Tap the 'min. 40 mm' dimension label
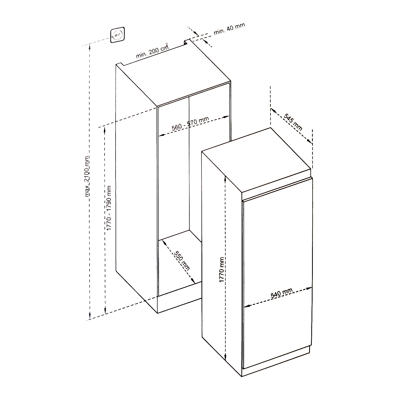[229, 29]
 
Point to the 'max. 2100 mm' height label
[87, 176]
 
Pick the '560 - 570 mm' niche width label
[190, 123]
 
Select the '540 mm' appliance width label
[282, 293]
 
